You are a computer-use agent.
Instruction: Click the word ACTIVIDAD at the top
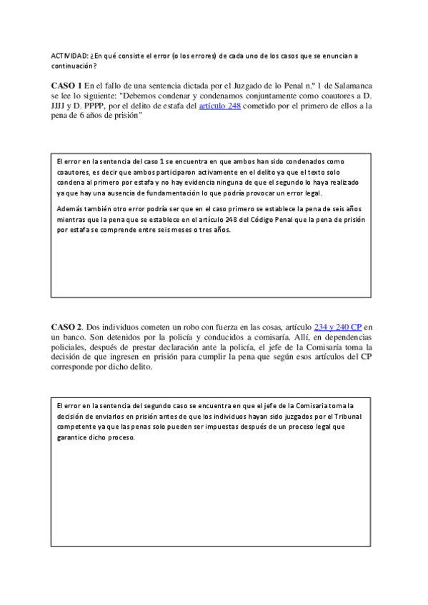[x=68, y=55]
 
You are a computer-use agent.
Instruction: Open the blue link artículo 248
[x=219, y=106]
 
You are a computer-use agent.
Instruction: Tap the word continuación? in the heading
[x=74, y=65]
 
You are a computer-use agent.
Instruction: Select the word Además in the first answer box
[x=69, y=208]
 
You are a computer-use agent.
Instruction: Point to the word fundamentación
[x=196, y=193]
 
